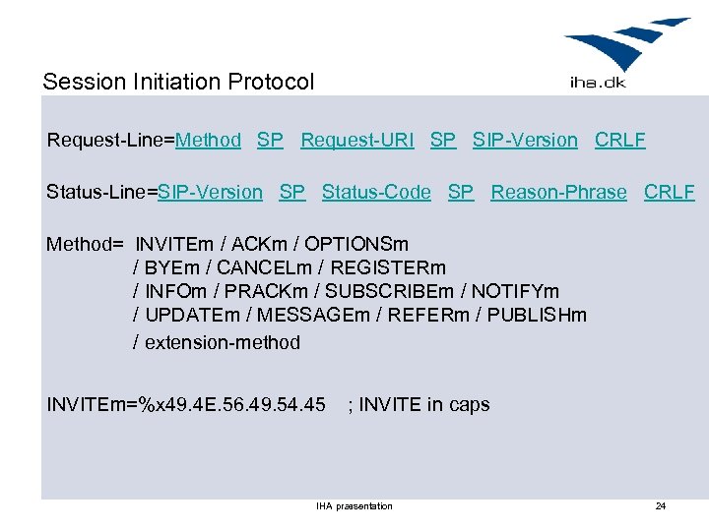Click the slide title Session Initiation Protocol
point(178,82)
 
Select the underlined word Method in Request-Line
point(208,140)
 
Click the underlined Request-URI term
point(357,140)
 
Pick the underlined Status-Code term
point(376,192)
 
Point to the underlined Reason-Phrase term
point(558,192)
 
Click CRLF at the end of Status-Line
point(669,192)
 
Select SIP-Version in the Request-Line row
point(525,140)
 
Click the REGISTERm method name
point(388,267)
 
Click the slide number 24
point(661,506)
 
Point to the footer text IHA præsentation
point(354,506)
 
